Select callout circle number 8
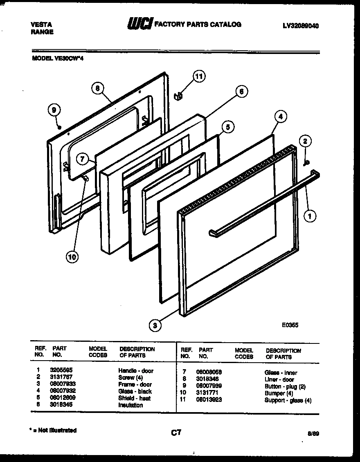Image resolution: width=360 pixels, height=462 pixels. point(97,88)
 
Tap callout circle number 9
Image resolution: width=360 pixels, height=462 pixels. point(54,110)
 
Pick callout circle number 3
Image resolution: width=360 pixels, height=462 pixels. point(155,325)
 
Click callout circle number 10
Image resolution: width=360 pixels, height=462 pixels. point(72,257)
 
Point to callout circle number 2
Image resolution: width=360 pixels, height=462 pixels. point(304,142)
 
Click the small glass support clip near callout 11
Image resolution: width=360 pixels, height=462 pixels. point(177,96)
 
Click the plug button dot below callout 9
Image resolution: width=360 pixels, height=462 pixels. point(60,128)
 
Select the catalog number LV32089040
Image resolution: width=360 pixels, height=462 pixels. point(301,25)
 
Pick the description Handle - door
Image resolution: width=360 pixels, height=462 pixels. point(135,370)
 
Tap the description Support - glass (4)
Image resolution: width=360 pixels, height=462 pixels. point(288,400)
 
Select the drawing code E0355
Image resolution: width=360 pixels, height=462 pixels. point(290,325)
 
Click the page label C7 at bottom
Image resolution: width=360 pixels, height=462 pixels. point(176,432)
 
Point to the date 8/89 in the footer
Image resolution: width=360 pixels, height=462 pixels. point(314,434)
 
